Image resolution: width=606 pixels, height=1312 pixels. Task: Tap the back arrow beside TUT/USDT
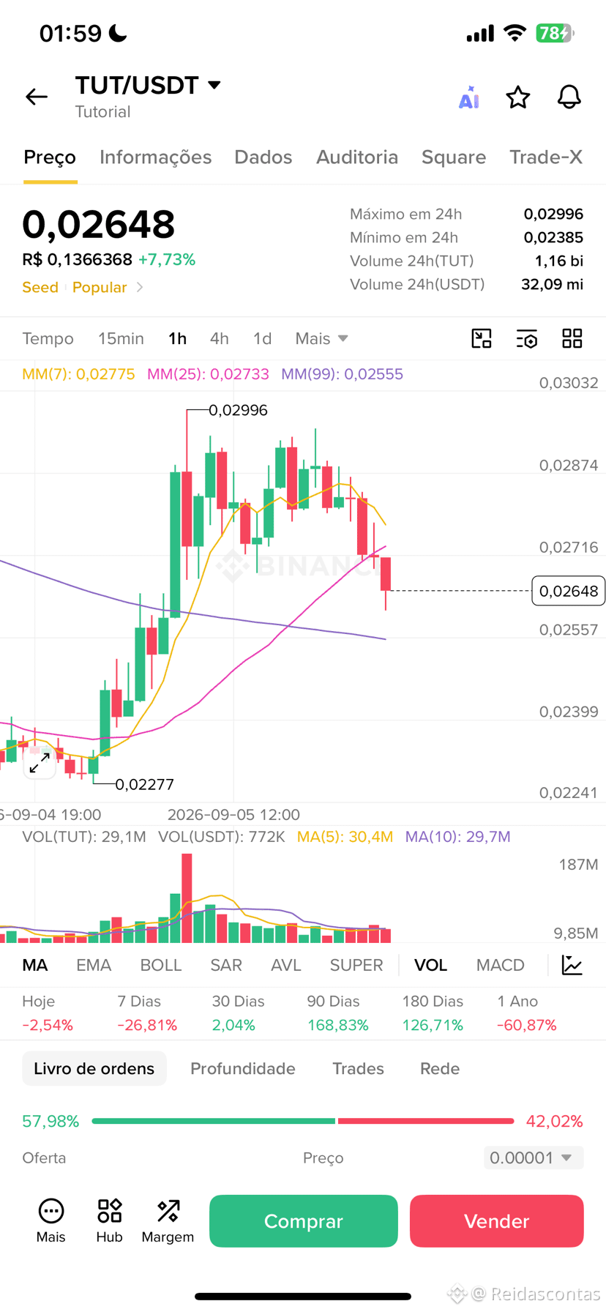[37, 97]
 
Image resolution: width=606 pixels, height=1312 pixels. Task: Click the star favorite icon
[518, 97]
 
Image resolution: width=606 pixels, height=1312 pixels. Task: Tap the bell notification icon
[569, 97]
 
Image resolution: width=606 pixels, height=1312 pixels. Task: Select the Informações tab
[155, 157]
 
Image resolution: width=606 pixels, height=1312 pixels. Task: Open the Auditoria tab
[357, 157]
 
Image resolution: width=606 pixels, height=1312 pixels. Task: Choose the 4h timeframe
[220, 339]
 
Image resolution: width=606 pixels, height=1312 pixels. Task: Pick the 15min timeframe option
[121, 339]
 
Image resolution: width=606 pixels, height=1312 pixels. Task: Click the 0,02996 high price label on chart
[239, 411]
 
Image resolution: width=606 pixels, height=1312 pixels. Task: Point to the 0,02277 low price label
[145, 785]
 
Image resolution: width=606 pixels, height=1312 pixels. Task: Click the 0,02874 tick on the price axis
[569, 466]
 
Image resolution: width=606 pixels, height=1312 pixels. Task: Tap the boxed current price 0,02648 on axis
[569, 591]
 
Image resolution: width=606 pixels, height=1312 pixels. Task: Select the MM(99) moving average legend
[342, 374]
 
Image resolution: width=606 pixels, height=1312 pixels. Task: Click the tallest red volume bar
[187, 898]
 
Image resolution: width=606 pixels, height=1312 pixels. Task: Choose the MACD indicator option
[501, 966]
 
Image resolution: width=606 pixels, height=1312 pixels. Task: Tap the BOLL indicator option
[161, 966]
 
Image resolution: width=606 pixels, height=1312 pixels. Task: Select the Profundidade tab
[243, 1069]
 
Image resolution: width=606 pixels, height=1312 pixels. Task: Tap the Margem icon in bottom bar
[168, 1220]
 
